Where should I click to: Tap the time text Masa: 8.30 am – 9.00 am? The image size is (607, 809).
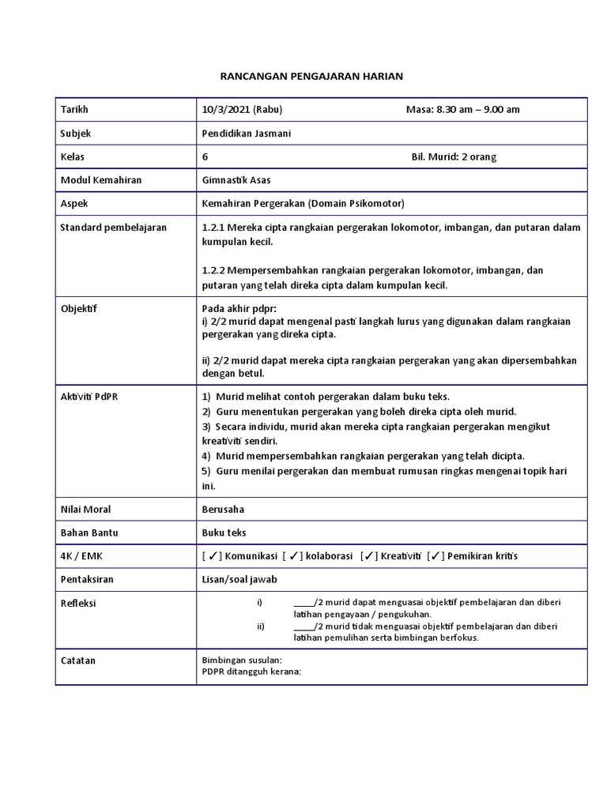(x=462, y=110)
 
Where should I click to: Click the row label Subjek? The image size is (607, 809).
(x=77, y=134)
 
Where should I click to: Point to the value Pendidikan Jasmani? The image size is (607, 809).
(x=247, y=134)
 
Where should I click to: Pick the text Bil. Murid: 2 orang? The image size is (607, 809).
(x=454, y=156)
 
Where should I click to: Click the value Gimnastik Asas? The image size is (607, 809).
(x=236, y=180)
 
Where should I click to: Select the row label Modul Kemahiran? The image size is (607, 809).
(x=101, y=180)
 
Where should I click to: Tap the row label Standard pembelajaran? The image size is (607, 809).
(x=113, y=228)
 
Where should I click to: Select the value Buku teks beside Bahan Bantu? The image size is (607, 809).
(x=224, y=533)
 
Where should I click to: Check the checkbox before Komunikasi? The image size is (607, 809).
(x=213, y=556)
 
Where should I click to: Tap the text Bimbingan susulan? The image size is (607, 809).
(x=242, y=660)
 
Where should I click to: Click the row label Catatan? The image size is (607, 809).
(x=78, y=660)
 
